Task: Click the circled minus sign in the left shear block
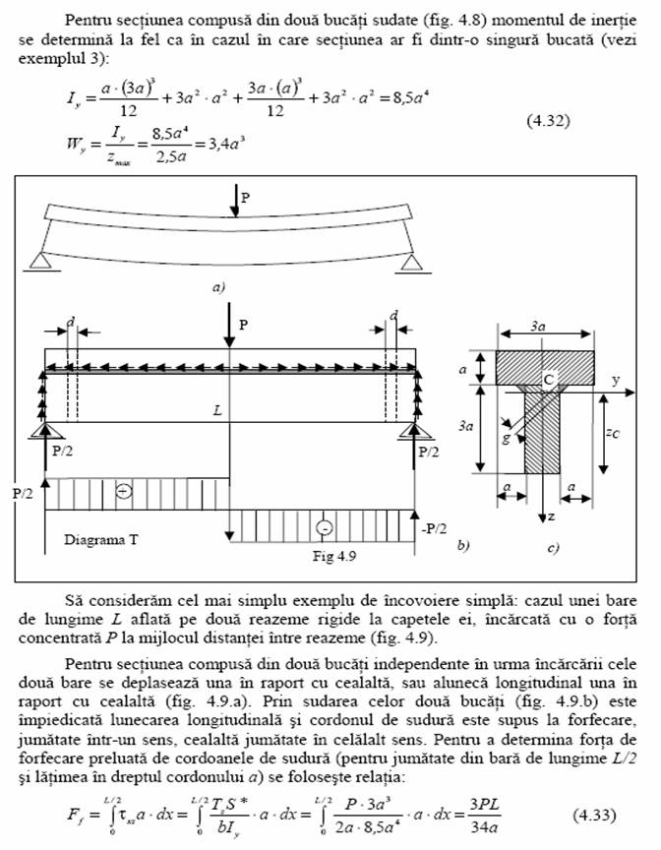tap(124, 491)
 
